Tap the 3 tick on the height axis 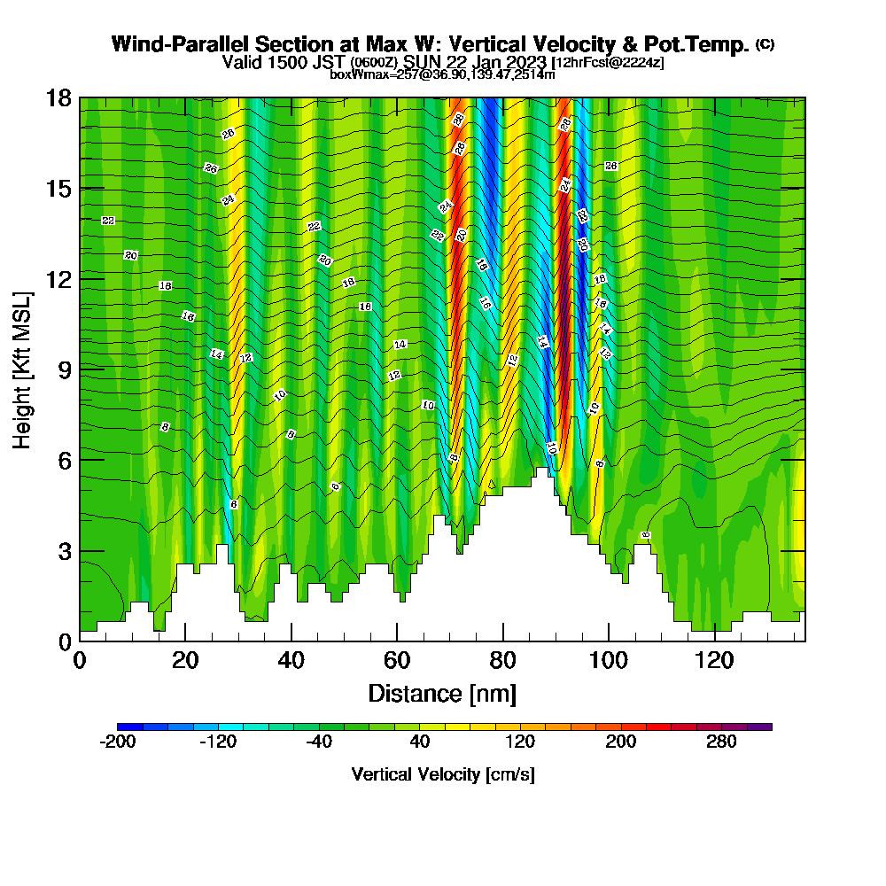tap(66, 550)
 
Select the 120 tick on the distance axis tap(714, 660)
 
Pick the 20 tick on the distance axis tap(185, 660)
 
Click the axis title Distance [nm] tap(442, 693)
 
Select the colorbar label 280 tap(721, 742)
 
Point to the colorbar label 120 tap(520, 742)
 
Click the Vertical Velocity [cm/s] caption tap(443, 774)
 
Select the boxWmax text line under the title tap(442, 74)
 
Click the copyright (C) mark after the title tap(765, 43)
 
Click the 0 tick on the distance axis tap(80, 660)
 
